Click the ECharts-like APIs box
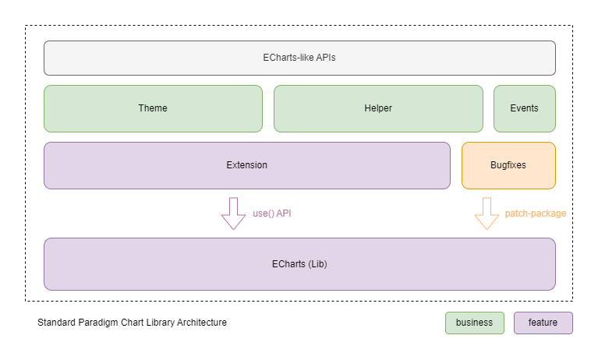(299, 58)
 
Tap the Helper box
(378, 108)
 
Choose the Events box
(524, 108)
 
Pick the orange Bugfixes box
(508, 165)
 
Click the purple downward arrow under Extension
(233, 214)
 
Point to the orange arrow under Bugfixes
(487, 214)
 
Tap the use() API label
(273, 213)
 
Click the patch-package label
(536, 213)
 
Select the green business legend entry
(474, 323)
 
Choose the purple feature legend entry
(543, 323)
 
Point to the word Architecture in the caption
(201, 323)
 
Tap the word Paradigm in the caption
(99, 323)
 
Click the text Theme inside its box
(153, 108)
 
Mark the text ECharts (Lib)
(299, 264)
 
